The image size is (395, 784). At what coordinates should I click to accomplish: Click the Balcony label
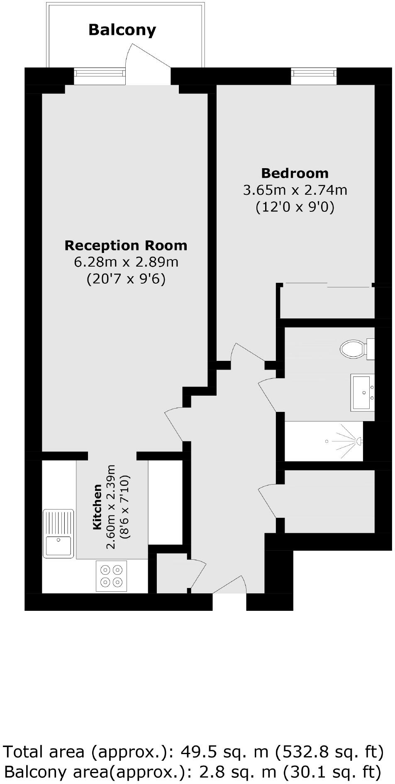(122, 30)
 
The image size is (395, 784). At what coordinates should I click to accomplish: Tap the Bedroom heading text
(295, 173)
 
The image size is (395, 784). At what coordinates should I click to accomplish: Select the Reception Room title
(126, 245)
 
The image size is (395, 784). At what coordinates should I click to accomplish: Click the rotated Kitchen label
(97, 507)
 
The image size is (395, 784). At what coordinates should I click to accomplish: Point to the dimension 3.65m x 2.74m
(295, 190)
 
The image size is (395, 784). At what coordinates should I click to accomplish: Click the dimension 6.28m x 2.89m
(126, 262)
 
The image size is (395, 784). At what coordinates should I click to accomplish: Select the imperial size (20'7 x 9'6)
(126, 279)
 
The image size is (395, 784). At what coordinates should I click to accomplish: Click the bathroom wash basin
(363, 392)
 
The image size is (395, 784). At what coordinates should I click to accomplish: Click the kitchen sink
(59, 534)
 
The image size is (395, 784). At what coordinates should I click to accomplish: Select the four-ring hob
(112, 576)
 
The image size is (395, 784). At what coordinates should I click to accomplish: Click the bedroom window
(313, 73)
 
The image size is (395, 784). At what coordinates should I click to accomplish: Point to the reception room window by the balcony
(100, 73)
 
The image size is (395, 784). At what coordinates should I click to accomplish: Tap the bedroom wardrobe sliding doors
(328, 285)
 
